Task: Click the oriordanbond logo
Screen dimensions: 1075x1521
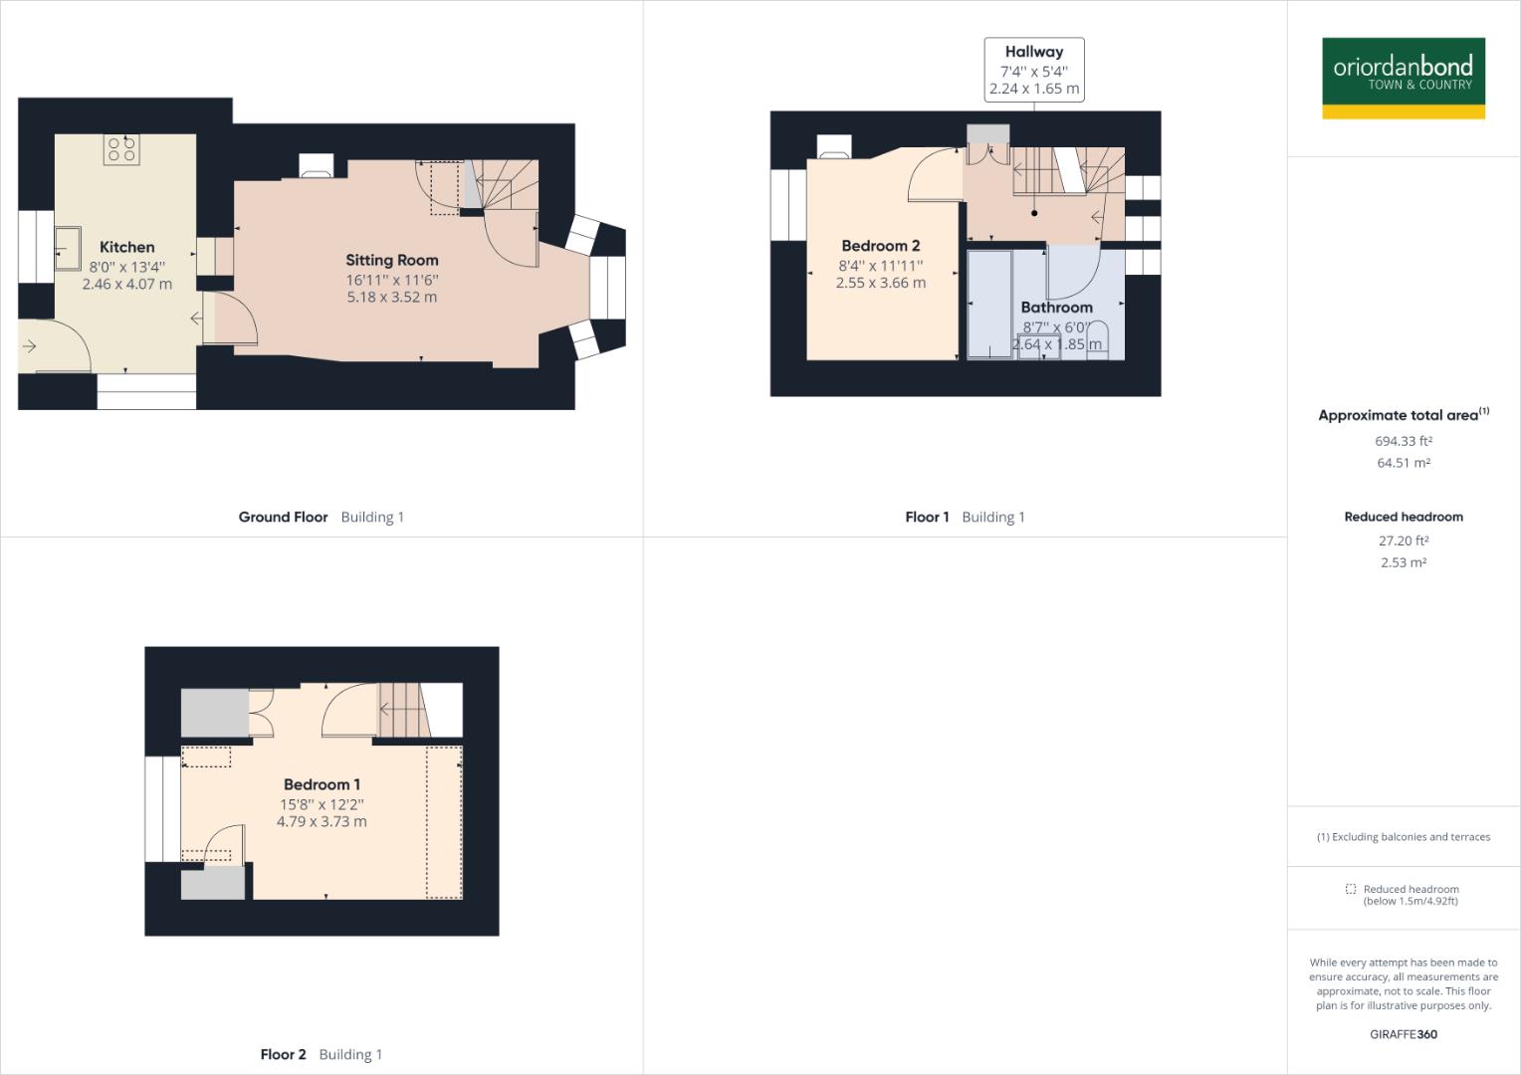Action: (x=1403, y=78)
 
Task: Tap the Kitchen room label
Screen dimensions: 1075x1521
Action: (x=126, y=247)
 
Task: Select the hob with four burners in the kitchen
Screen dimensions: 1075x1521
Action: (x=121, y=149)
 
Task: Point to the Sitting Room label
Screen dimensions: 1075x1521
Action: (x=391, y=260)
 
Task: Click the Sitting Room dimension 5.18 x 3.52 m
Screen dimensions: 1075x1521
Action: (x=391, y=297)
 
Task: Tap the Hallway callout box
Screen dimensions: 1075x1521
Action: (x=1033, y=70)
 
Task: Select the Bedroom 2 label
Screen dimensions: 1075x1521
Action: (x=880, y=246)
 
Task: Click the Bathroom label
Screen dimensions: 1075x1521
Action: (x=1056, y=308)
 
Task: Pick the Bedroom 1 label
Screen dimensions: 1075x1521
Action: (x=322, y=784)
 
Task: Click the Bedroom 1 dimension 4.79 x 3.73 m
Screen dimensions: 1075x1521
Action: (x=322, y=821)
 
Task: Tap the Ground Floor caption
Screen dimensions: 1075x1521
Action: (x=283, y=517)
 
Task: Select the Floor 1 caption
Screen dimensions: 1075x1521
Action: (x=927, y=517)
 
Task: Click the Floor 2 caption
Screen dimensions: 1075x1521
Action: (x=283, y=1054)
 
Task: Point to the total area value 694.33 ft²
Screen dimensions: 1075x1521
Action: (x=1403, y=441)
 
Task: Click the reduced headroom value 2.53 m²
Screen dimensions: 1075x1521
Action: (x=1403, y=562)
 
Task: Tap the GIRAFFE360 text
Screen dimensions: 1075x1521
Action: (x=1403, y=1034)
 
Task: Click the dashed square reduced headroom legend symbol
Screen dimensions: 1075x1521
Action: (x=1350, y=889)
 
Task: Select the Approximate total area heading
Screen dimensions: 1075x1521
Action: (x=1398, y=415)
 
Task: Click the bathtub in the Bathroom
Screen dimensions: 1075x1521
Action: (x=989, y=304)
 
